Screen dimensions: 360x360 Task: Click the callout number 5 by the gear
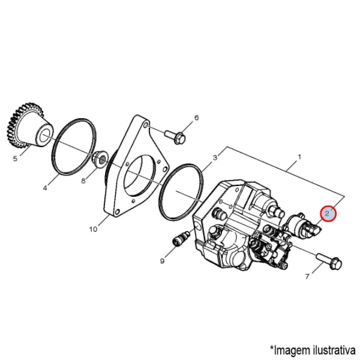tap(15, 158)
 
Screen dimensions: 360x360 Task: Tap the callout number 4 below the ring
tap(45, 188)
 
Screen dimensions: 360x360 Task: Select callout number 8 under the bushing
tap(83, 181)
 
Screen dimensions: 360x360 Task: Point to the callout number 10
tap(93, 229)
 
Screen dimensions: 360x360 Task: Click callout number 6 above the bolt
tap(197, 118)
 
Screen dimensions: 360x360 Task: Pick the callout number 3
tap(215, 158)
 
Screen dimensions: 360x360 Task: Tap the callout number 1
tap(299, 157)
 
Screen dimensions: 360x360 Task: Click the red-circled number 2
tap(328, 213)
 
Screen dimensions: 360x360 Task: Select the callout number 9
tap(163, 261)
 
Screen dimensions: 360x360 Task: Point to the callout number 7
tap(307, 277)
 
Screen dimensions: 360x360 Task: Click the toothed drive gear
tap(29, 126)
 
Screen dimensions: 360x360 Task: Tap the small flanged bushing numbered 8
tap(100, 158)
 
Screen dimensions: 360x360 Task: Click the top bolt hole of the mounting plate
tap(145, 125)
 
